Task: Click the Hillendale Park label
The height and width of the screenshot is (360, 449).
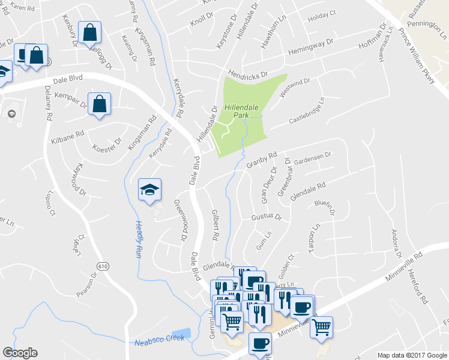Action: pos(241,111)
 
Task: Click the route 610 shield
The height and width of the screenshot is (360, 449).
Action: pos(101,265)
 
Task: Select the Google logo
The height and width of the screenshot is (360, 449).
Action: pos(20,353)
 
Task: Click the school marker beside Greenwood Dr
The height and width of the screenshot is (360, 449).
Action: pos(149,190)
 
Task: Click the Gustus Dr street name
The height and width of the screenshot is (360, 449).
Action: pos(266,216)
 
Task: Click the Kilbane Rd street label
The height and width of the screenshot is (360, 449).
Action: pos(68,136)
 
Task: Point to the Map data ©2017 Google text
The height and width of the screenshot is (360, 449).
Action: pos(411,355)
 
